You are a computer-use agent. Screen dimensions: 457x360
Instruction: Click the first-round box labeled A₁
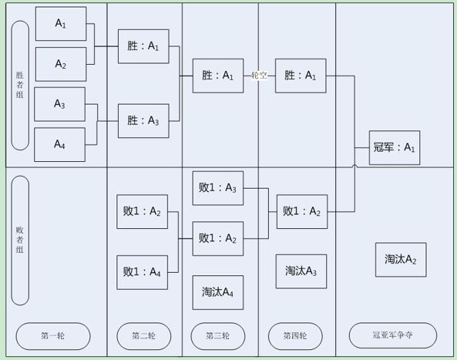[61, 24]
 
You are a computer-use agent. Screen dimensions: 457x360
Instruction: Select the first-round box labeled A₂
[61, 64]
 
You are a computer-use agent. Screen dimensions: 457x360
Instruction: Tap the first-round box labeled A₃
[60, 104]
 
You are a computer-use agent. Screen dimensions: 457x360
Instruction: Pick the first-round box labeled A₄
[60, 145]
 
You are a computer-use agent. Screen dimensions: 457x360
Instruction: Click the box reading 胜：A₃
[143, 121]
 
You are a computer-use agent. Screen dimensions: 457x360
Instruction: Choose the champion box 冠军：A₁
[395, 147]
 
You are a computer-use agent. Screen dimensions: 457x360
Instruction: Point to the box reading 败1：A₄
[143, 272]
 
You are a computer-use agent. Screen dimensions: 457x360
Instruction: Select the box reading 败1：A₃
[218, 188]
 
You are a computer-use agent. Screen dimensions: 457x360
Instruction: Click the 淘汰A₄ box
[218, 292]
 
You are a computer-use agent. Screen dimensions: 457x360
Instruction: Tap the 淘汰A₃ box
[301, 271]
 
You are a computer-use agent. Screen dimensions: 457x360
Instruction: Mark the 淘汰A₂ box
[401, 260]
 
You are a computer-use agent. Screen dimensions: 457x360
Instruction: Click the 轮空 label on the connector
[259, 76]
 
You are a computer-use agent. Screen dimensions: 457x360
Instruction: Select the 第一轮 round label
[53, 336]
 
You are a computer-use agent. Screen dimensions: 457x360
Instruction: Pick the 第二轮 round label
[144, 336]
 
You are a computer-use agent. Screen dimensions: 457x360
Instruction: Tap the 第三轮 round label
[218, 336]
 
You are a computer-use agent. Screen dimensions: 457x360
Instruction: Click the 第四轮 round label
[295, 336]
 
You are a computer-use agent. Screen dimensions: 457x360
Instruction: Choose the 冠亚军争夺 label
[393, 335]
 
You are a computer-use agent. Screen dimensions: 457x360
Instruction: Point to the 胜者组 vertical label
[20, 85]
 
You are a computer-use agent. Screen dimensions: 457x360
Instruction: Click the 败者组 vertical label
[20, 241]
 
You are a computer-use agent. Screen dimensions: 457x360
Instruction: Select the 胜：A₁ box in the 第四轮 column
[301, 76]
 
